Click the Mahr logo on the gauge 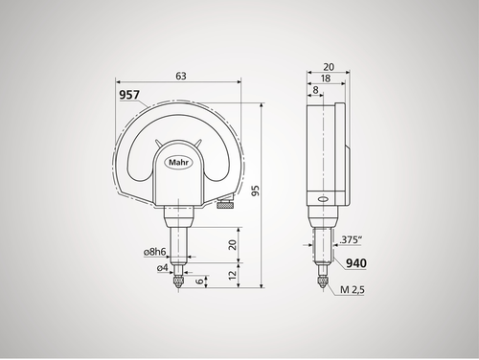pos(179,162)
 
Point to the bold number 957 pos(128,96)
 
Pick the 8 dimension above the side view pos(314,92)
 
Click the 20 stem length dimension pos(233,244)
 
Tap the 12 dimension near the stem pos(233,275)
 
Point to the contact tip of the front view pos(179,285)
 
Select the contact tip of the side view pos(321,284)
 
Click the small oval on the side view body pos(321,200)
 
